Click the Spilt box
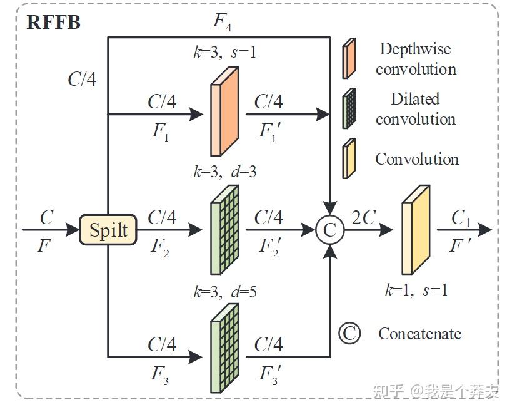(x=108, y=230)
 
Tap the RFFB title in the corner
(x=53, y=23)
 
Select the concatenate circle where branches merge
(x=330, y=230)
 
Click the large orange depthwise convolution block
(x=224, y=111)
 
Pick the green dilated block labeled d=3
(x=224, y=230)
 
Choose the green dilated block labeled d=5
(x=224, y=348)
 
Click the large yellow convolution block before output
(x=416, y=230)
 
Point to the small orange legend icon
(x=349, y=58)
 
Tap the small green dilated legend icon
(x=349, y=108)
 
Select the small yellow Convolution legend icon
(x=349, y=158)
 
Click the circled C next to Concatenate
(x=349, y=334)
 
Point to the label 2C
(x=363, y=217)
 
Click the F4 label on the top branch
(x=223, y=21)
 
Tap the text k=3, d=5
(x=225, y=291)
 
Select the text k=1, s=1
(x=416, y=290)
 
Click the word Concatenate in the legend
(x=420, y=334)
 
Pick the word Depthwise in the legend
(x=415, y=49)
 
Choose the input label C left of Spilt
(x=47, y=217)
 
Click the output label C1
(x=461, y=218)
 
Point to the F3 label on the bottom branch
(x=159, y=374)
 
